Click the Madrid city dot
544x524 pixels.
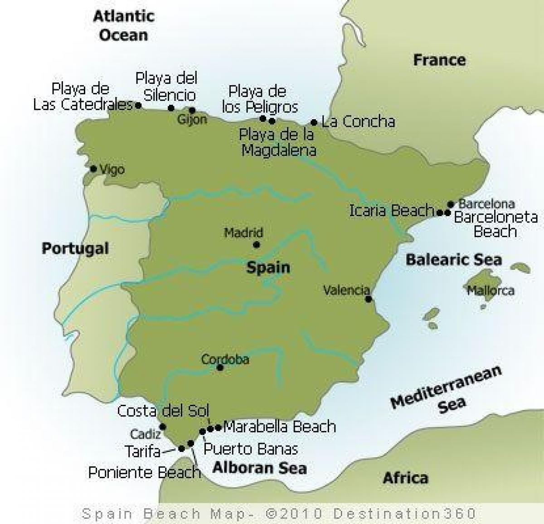[x=256, y=245]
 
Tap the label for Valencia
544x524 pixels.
[x=346, y=290]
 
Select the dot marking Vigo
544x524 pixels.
[x=93, y=169]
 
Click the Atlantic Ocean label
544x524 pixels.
[x=123, y=25]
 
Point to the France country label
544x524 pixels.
[x=439, y=60]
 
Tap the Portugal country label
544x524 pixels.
[x=75, y=248]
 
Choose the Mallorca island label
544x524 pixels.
[x=491, y=290]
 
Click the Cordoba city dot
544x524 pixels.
[x=220, y=368]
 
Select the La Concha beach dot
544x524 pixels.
[x=314, y=122]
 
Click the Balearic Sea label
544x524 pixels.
[x=454, y=259]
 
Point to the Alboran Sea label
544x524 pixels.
[x=260, y=467]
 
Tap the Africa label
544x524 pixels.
[x=405, y=477]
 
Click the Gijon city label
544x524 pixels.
[x=193, y=119]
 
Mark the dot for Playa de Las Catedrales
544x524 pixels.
[x=138, y=105]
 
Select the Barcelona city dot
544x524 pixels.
[x=451, y=204]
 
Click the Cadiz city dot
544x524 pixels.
[x=163, y=427]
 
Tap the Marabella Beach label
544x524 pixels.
[x=280, y=427]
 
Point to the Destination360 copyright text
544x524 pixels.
[x=279, y=514]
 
